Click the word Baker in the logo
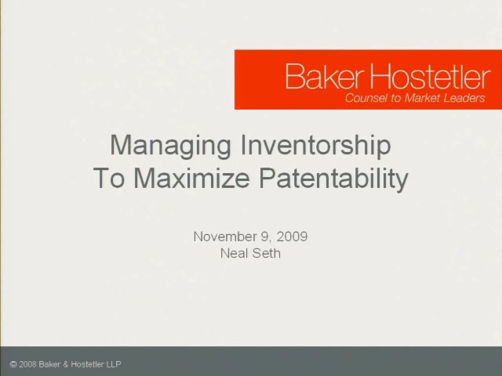point(325,76)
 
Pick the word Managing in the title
point(170,146)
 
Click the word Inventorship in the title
point(315,146)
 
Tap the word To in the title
point(109,178)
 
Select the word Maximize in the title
point(191,178)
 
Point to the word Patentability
point(333,179)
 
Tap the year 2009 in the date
point(292,237)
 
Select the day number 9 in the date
point(265,237)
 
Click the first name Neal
point(235,253)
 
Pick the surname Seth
point(267,253)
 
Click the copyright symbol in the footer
point(13,364)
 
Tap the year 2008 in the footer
point(27,364)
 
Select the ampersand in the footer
point(66,364)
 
